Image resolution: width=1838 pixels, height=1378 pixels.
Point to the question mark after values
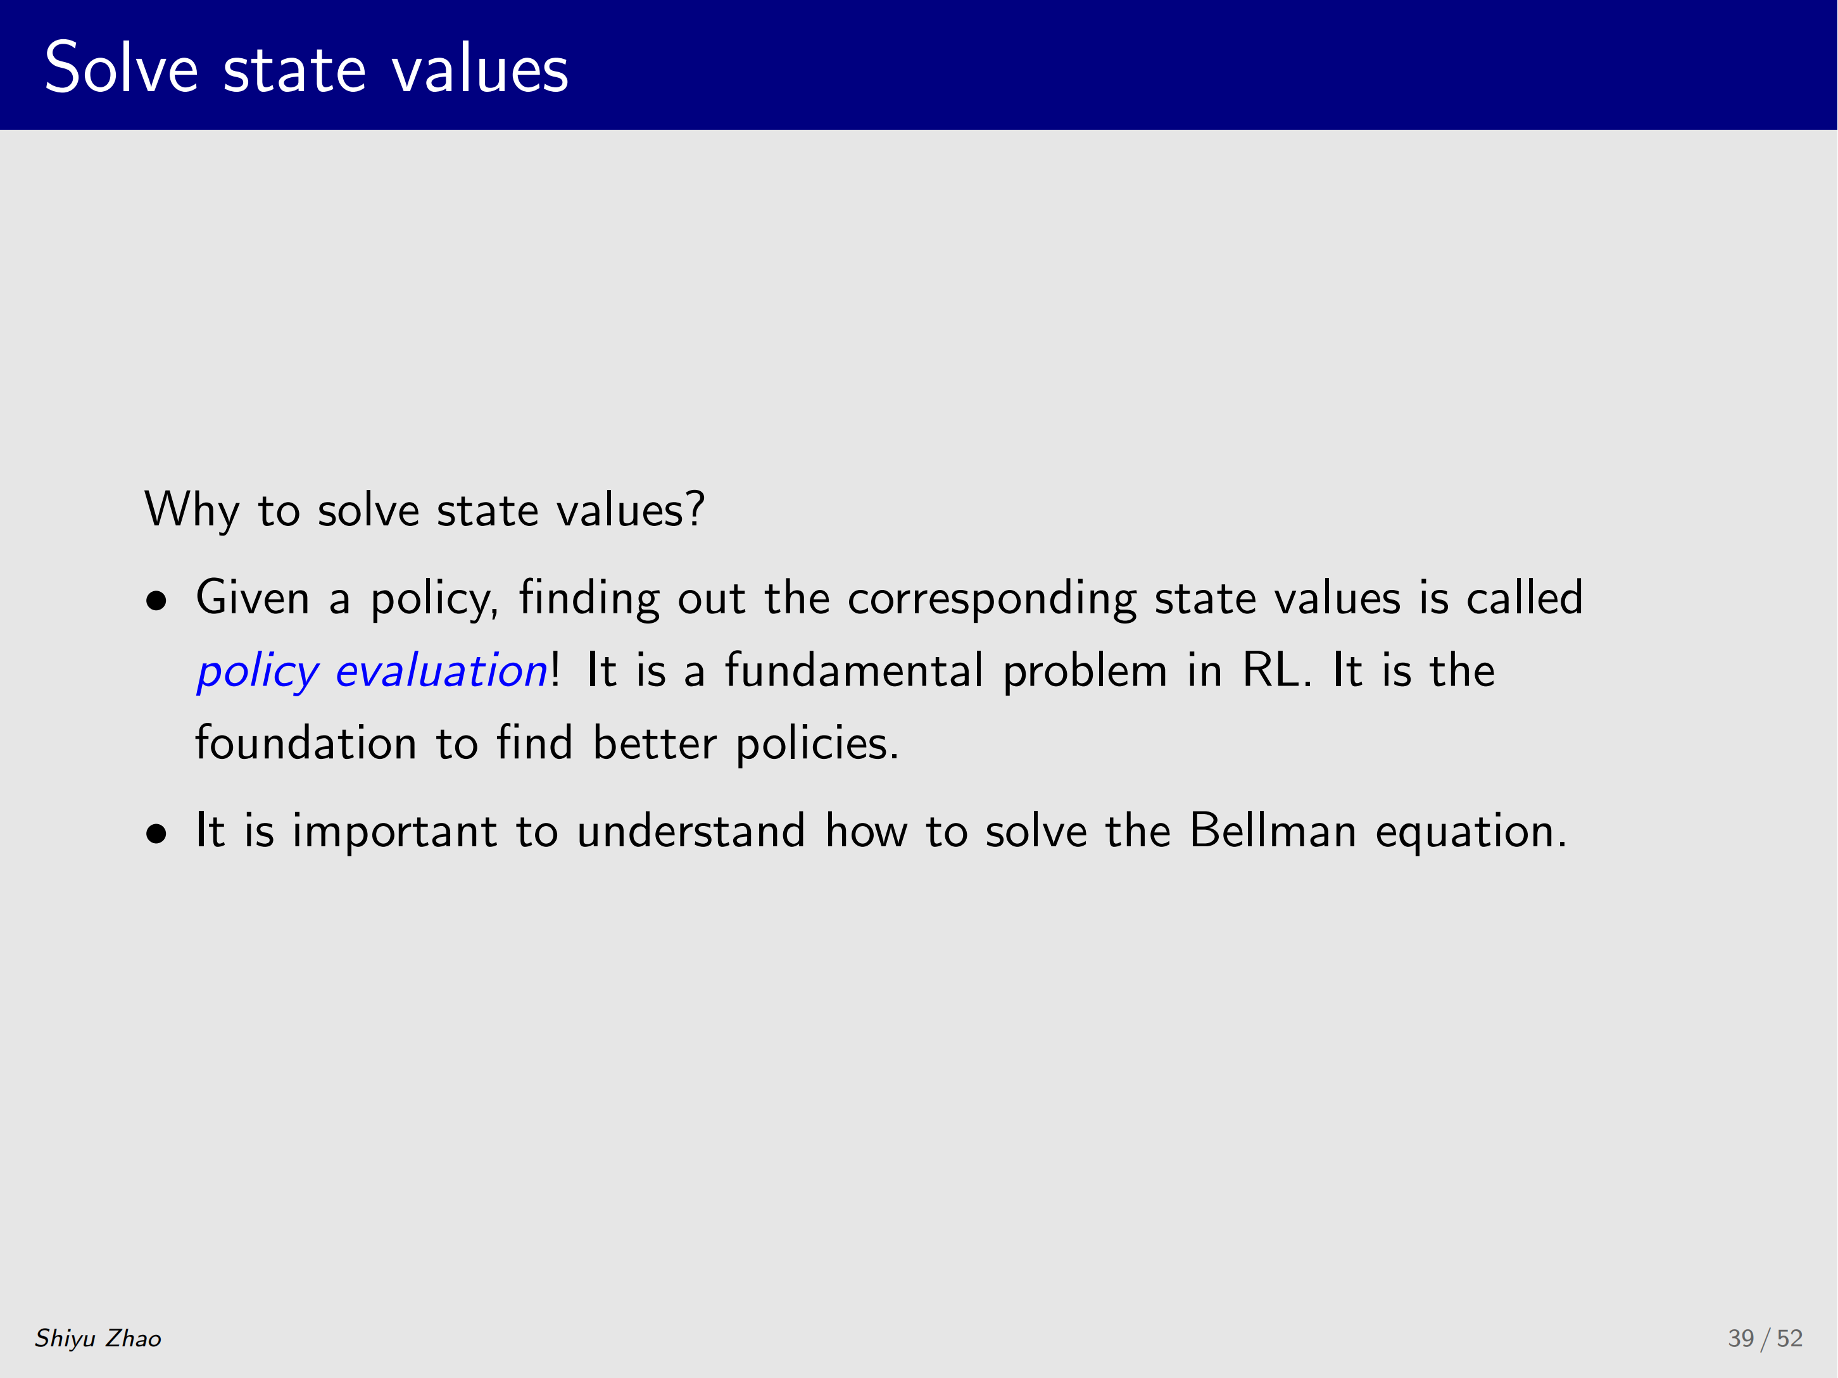click(x=695, y=508)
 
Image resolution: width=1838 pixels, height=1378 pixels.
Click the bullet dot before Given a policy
click(x=156, y=601)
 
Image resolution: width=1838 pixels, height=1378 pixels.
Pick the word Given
click(x=253, y=598)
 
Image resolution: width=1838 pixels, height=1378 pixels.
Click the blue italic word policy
click(x=258, y=671)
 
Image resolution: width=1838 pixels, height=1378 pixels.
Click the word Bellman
click(x=1273, y=830)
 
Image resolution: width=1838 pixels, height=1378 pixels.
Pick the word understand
click(x=691, y=830)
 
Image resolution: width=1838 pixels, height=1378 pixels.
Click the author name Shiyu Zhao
click(x=98, y=1338)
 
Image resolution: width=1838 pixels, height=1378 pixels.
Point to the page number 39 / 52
click(x=1765, y=1338)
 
